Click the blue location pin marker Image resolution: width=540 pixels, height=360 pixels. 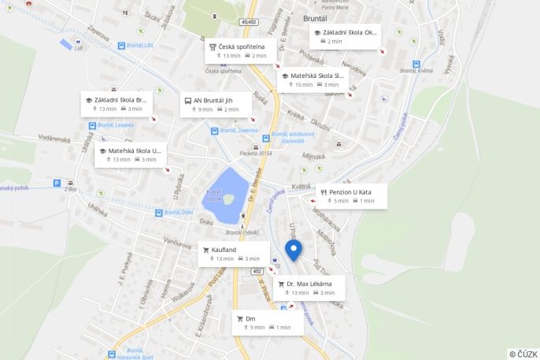293,250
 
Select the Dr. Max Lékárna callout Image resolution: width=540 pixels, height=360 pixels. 309,287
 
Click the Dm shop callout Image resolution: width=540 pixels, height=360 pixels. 268,322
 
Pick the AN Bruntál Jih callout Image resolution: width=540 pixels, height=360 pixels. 216,104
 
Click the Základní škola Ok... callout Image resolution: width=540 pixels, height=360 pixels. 344,36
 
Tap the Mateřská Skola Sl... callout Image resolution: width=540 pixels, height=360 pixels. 313,80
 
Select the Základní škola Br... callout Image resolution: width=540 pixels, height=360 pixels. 117,104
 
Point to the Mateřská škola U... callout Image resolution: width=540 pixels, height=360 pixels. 130,154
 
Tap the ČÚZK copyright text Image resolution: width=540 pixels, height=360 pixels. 523,354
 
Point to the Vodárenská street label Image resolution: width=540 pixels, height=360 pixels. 54,138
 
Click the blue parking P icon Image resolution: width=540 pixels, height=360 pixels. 57,183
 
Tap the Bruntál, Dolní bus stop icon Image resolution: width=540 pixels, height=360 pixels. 158,212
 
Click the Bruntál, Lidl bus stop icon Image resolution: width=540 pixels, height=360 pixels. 121,46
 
